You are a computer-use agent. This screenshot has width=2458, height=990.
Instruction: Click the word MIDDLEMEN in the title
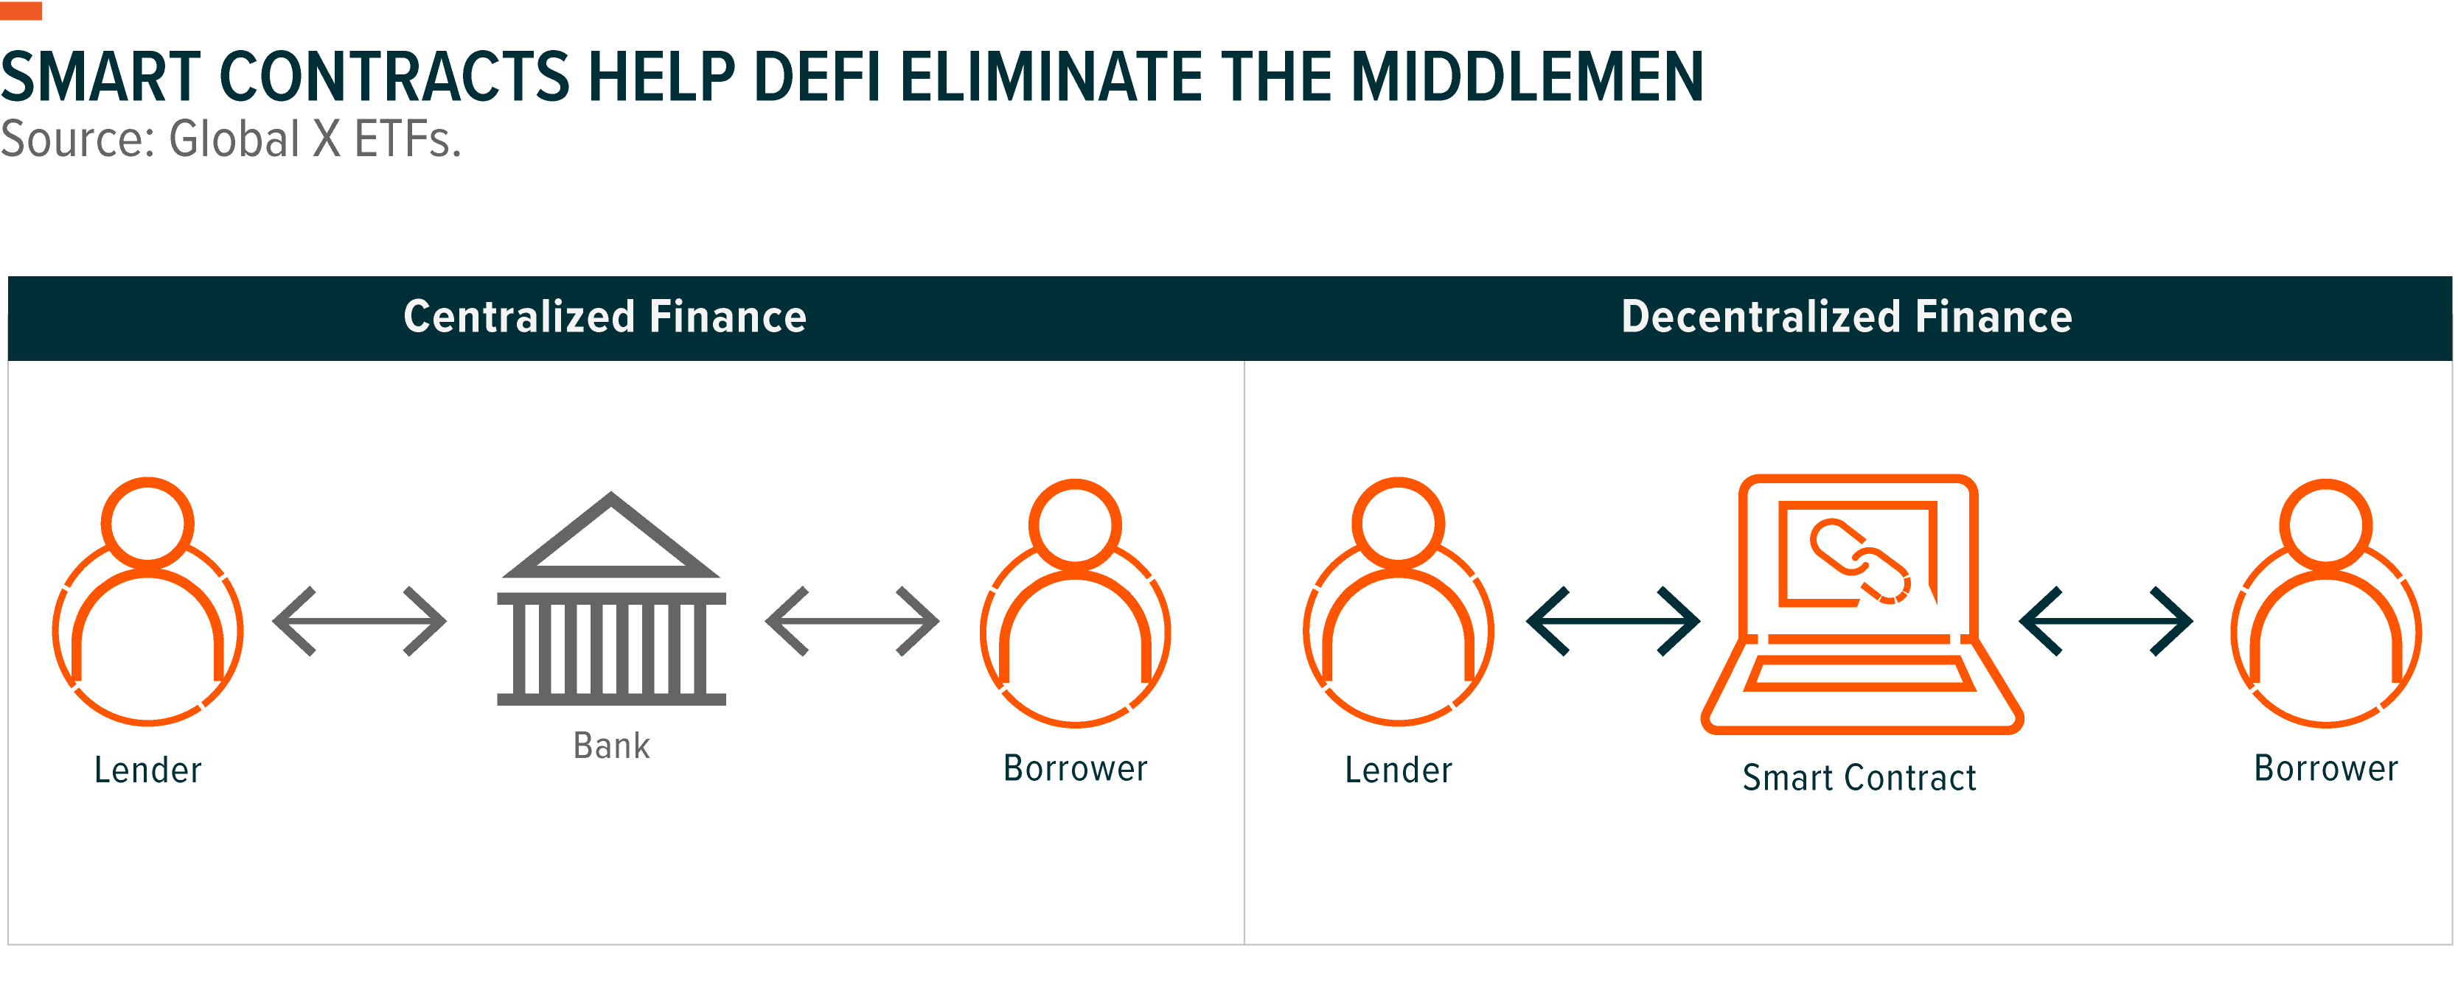tap(1527, 77)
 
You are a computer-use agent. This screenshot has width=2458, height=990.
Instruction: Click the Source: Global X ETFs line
tap(230, 139)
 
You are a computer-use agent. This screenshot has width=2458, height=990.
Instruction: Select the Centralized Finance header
tap(605, 317)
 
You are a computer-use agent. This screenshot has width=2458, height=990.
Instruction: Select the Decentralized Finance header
tap(1846, 317)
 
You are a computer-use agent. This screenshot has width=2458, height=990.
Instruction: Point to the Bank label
tap(612, 745)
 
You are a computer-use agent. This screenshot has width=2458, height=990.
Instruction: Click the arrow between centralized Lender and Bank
tap(360, 622)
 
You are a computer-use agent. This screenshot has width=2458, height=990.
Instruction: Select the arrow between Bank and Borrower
tap(852, 622)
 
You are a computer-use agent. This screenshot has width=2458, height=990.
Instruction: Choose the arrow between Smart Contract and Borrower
tap(2106, 622)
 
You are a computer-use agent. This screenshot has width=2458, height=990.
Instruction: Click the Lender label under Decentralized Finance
tap(1399, 770)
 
